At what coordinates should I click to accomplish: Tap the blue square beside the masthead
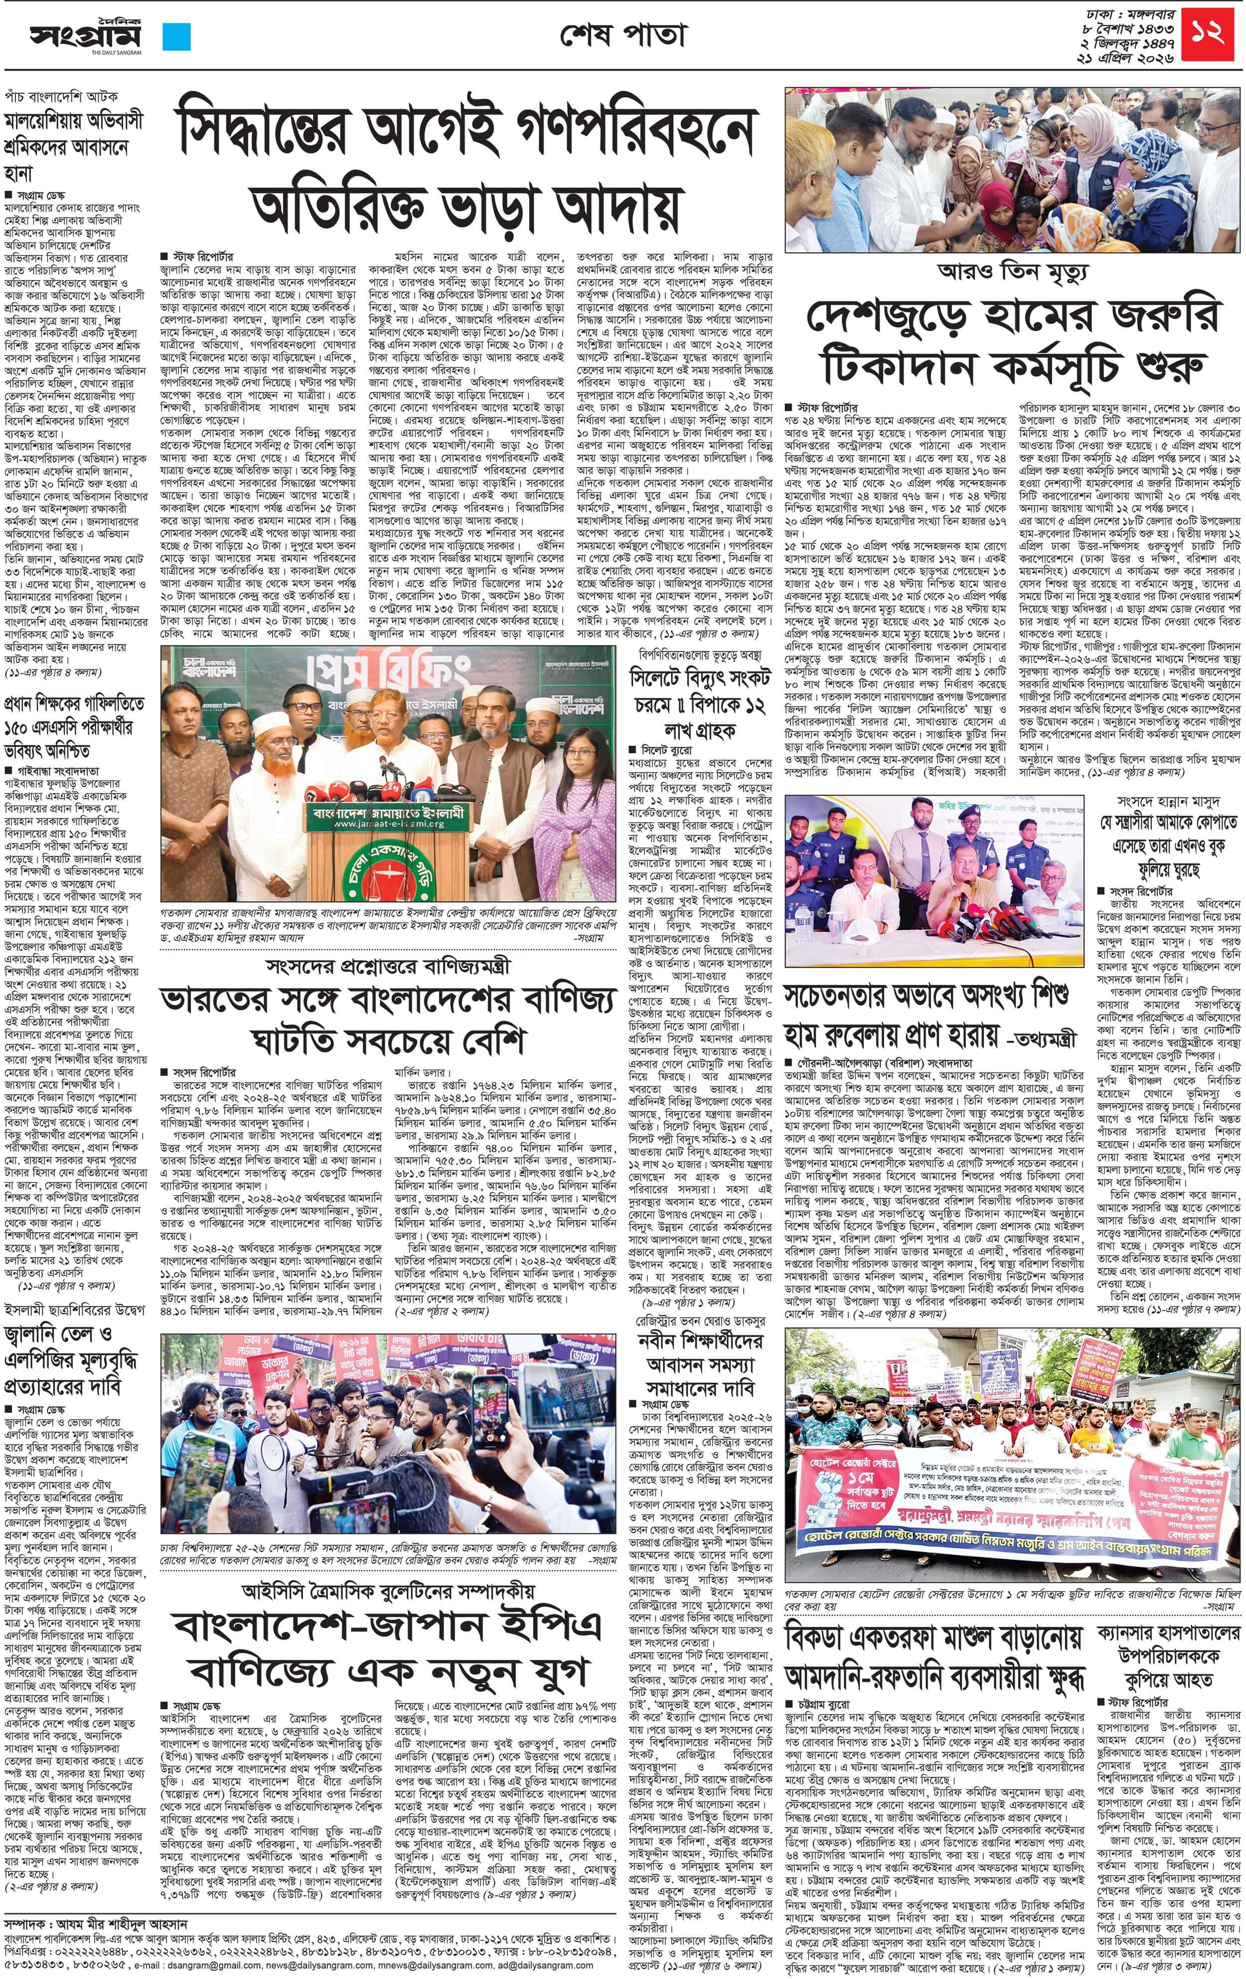(x=177, y=37)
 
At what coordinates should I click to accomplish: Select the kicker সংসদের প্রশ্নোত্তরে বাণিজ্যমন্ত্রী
(x=388, y=967)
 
